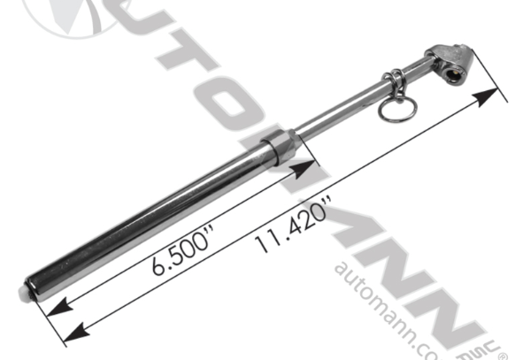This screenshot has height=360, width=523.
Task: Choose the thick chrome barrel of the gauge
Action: [150, 217]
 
